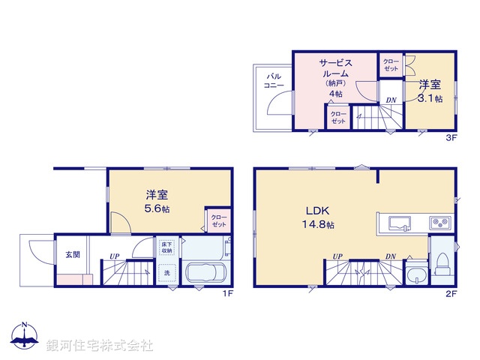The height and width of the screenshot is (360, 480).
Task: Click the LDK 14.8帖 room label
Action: [319, 217]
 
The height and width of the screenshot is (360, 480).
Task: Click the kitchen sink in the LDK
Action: [397, 222]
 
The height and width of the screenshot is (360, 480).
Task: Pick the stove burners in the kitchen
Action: [439, 222]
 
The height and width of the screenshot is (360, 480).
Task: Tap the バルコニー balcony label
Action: [274, 81]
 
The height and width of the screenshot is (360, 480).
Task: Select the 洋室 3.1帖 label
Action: [430, 91]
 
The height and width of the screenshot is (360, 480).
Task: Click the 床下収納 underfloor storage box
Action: [166, 247]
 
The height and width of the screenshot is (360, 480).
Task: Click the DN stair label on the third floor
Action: [391, 100]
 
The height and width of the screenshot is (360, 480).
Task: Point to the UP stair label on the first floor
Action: [115, 256]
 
